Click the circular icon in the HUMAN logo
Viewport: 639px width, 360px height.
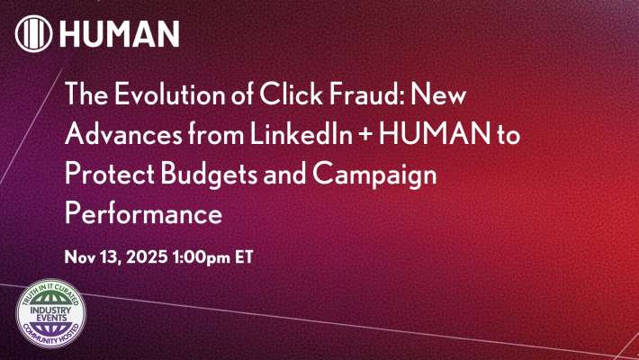pyautogui.click(x=33, y=33)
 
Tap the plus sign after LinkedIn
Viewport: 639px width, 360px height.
pyautogui.click(x=355, y=126)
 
